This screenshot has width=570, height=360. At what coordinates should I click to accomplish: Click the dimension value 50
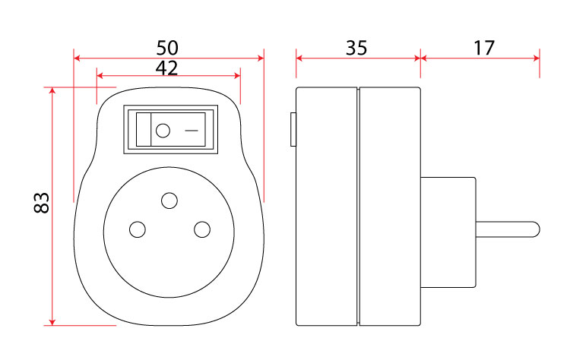point(167,48)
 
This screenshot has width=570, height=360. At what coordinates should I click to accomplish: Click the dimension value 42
point(167,68)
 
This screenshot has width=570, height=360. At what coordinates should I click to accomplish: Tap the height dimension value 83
point(42,203)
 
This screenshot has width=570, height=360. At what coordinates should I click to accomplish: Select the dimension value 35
point(356,48)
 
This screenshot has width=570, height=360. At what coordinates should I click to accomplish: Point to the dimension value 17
point(484,48)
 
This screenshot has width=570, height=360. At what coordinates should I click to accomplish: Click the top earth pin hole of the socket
point(169,201)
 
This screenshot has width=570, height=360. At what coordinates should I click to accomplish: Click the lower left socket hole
point(138,229)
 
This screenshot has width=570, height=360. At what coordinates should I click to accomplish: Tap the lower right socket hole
point(202,229)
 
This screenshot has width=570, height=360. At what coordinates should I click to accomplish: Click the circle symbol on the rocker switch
point(163,131)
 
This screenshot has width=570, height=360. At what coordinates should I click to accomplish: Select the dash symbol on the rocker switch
point(192,131)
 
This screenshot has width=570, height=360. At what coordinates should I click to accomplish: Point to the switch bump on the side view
point(293,129)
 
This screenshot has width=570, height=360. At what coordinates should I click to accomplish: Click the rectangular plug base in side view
point(448,232)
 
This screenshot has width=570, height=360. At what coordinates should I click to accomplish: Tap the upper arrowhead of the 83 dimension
point(52,90)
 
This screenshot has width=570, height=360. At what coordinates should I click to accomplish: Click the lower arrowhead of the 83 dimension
point(52,322)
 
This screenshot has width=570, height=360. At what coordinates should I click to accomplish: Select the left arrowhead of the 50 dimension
point(77,58)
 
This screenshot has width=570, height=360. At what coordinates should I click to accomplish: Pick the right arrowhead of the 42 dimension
point(237,75)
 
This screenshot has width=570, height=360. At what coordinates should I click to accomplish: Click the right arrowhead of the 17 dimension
point(537,58)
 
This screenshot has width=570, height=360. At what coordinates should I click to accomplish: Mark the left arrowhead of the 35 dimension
point(299,58)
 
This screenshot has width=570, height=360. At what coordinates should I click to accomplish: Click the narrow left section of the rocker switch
point(144,130)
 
